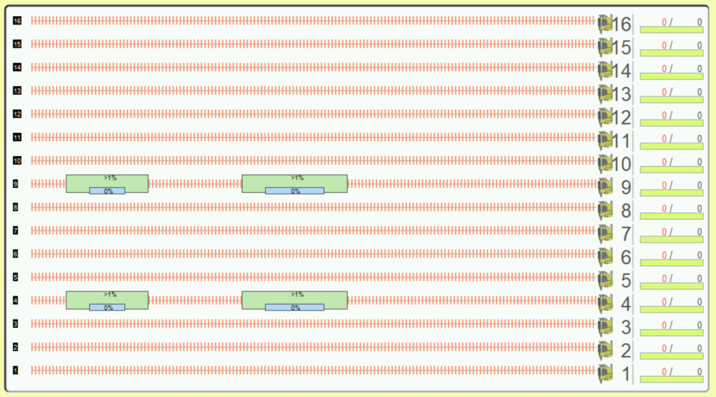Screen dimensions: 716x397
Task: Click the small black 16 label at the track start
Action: click(17, 20)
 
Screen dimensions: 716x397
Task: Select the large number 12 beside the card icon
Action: click(621, 117)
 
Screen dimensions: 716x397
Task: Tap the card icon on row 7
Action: click(605, 233)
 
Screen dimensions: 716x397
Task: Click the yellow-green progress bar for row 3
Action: click(671, 333)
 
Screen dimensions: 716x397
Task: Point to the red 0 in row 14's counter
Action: click(664, 68)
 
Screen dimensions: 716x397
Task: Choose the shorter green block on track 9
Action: click(107, 183)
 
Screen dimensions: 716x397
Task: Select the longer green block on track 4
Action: click(294, 301)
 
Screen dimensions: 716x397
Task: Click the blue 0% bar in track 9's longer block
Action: click(294, 191)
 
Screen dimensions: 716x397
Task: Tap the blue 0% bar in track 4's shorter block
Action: click(107, 308)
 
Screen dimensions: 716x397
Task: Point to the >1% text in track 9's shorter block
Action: click(110, 178)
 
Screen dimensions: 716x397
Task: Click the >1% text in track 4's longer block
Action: click(297, 294)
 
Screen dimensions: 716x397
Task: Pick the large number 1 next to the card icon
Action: click(626, 374)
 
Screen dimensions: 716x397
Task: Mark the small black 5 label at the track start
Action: click(15, 277)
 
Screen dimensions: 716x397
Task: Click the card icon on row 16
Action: click(605, 24)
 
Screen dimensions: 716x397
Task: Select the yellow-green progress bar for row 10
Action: click(671, 169)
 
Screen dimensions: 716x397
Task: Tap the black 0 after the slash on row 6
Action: click(699, 255)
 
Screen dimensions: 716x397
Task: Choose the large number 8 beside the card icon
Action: click(626, 211)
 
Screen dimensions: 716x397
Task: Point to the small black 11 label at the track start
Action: click(17, 137)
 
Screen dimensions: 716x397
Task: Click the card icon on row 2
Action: click(605, 350)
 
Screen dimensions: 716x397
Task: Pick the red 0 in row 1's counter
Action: click(664, 371)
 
